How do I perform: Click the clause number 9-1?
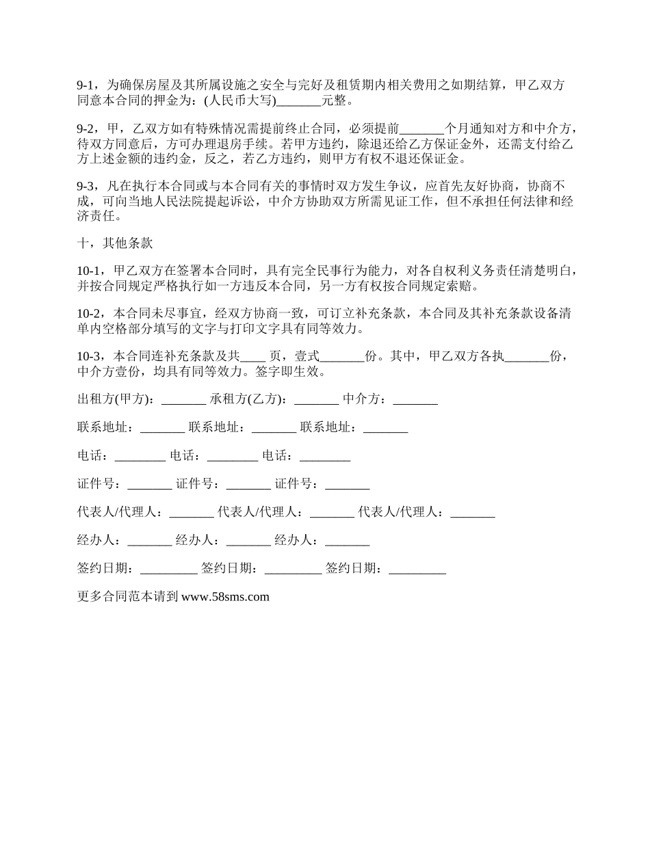[86, 86]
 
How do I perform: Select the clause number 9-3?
[86, 186]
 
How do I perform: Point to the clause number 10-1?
[90, 271]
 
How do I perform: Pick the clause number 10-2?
[90, 314]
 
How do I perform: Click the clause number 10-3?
[90, 356]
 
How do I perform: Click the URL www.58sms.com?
[226, 597]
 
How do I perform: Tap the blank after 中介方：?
[415, 400]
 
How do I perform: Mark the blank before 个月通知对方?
[421, 129]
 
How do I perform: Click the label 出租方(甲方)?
[116, 399]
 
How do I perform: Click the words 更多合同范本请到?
[127, 597]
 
